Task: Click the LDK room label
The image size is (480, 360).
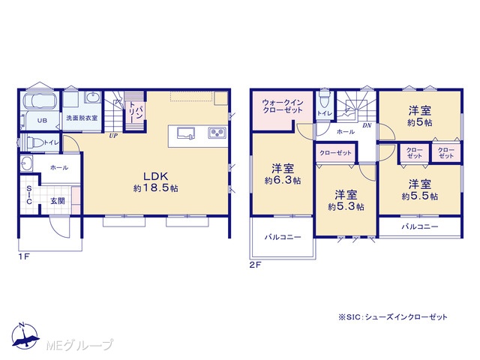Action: click(156, 176)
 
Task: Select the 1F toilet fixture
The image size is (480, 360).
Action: click(35, 143)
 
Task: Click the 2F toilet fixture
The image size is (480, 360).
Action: click(324, 98)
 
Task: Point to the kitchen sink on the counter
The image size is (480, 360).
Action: click(186, 133)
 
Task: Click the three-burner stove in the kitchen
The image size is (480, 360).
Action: click(217, 133)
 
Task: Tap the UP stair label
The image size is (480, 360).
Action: click(113, 136)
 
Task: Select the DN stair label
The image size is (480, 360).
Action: click(367, 125)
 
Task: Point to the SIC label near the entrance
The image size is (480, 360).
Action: click(29, 195)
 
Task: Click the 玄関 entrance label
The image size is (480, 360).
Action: click(58, 201)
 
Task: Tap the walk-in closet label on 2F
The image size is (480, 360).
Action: click(283, 106)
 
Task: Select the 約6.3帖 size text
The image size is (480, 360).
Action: click(283, 181)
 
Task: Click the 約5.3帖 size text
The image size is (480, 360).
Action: click(346, 207)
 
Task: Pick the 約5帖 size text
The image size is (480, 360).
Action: click(420, 123)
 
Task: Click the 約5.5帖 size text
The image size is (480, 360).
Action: click(420, 196)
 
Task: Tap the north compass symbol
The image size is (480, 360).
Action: click(25, 336)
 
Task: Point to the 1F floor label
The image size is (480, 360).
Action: click(24, 256)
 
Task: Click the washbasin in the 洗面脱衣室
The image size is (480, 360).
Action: click(92, 97)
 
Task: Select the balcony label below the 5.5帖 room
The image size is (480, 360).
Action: click(420, 226)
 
